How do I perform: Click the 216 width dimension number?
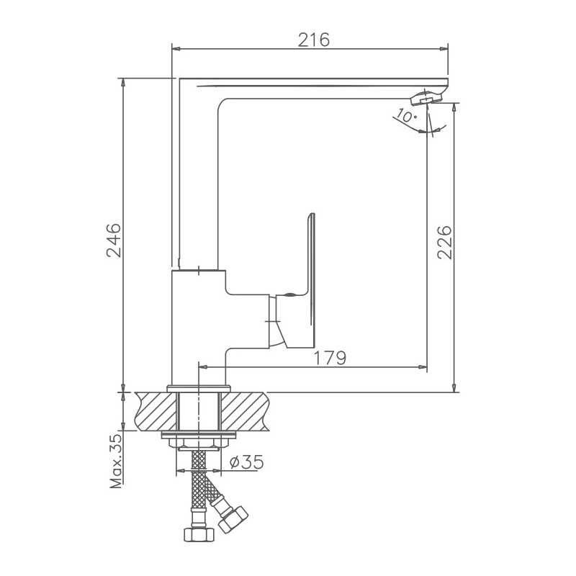tap(315, 40)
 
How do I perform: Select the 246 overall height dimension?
tap(114, 240)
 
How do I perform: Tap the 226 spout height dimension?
tap(444, 244)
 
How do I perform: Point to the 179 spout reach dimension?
tap(331, 356)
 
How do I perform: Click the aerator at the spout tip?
tap(427, 96)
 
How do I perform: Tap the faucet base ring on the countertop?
tap(198, 388)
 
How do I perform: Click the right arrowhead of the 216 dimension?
tap(444, 49)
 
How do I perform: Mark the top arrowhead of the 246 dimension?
tap(124, 81)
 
